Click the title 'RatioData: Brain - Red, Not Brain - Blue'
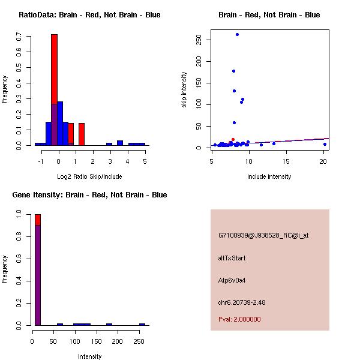(89, 15)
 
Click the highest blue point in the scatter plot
(237, 34)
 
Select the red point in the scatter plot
(233, 139)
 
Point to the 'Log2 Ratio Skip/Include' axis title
(89, 176)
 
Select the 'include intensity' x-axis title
(269, 176)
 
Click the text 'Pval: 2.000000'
(239, 319)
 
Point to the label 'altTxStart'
(232, 258)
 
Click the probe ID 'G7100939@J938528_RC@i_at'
(263, 236)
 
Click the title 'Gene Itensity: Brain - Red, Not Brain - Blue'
(89, 195)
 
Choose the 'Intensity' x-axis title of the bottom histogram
(89, 356)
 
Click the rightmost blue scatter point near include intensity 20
(325, 144)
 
